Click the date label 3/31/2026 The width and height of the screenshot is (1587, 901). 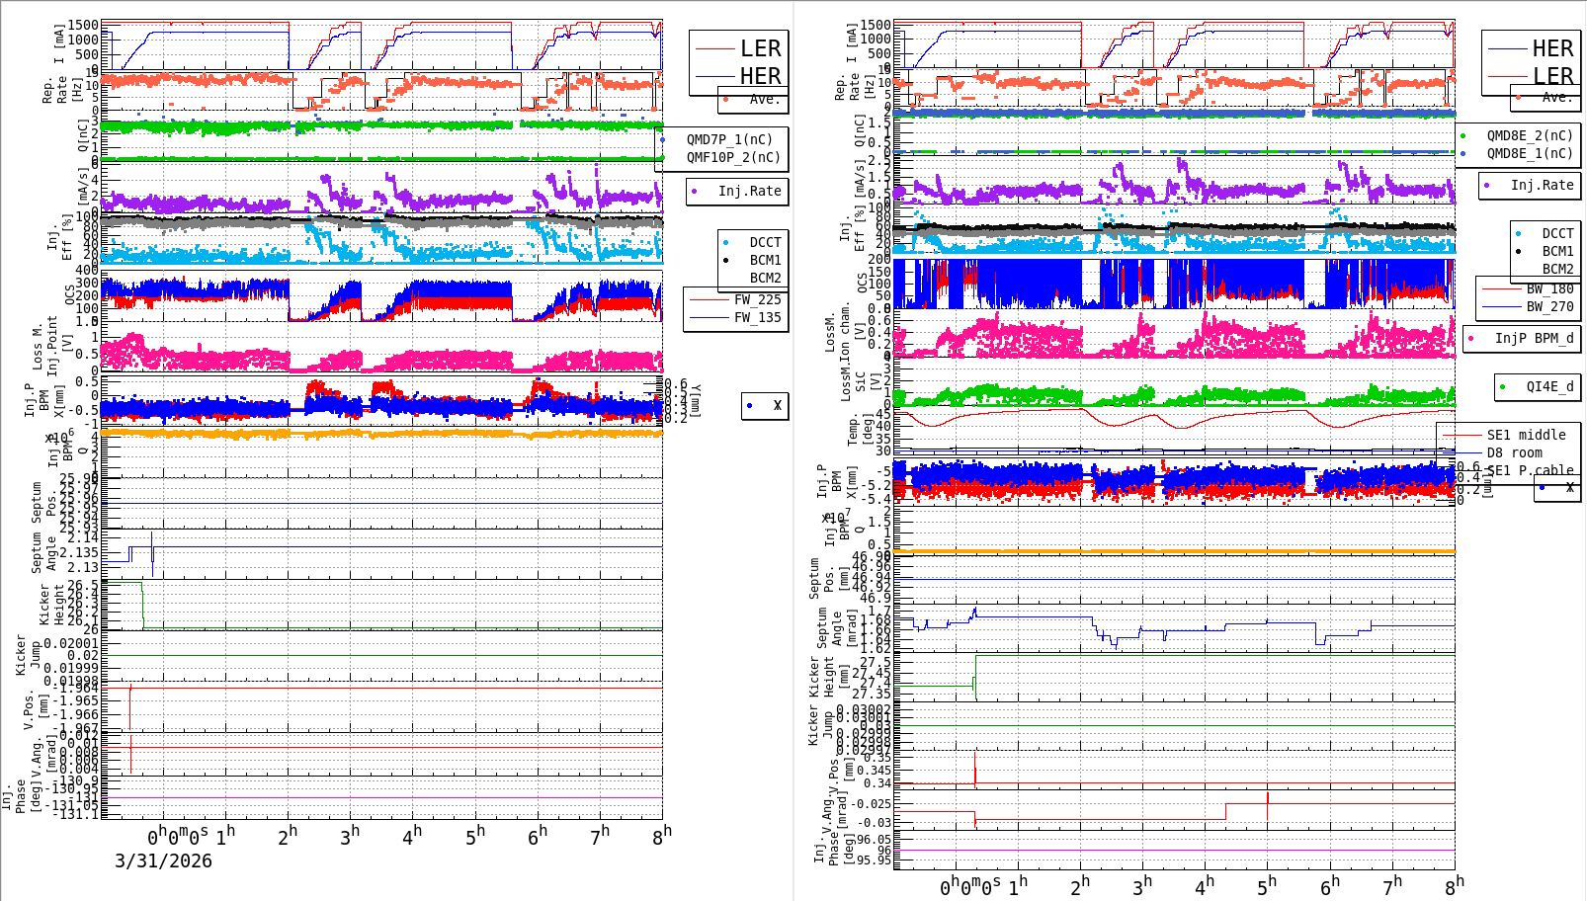(163, 860)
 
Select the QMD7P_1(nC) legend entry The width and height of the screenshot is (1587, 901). (729, 139)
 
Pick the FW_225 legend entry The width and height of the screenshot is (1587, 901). (757, 299)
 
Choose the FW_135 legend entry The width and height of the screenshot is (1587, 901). (757, 317)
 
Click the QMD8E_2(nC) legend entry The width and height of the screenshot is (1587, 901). (1530, 135)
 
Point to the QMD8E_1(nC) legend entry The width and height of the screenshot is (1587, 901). (1530, 153)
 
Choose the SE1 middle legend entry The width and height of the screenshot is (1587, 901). (1526, 435)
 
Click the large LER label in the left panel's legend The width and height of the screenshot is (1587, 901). (760, 48)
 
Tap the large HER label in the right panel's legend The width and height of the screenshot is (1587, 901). (1552, 48)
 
